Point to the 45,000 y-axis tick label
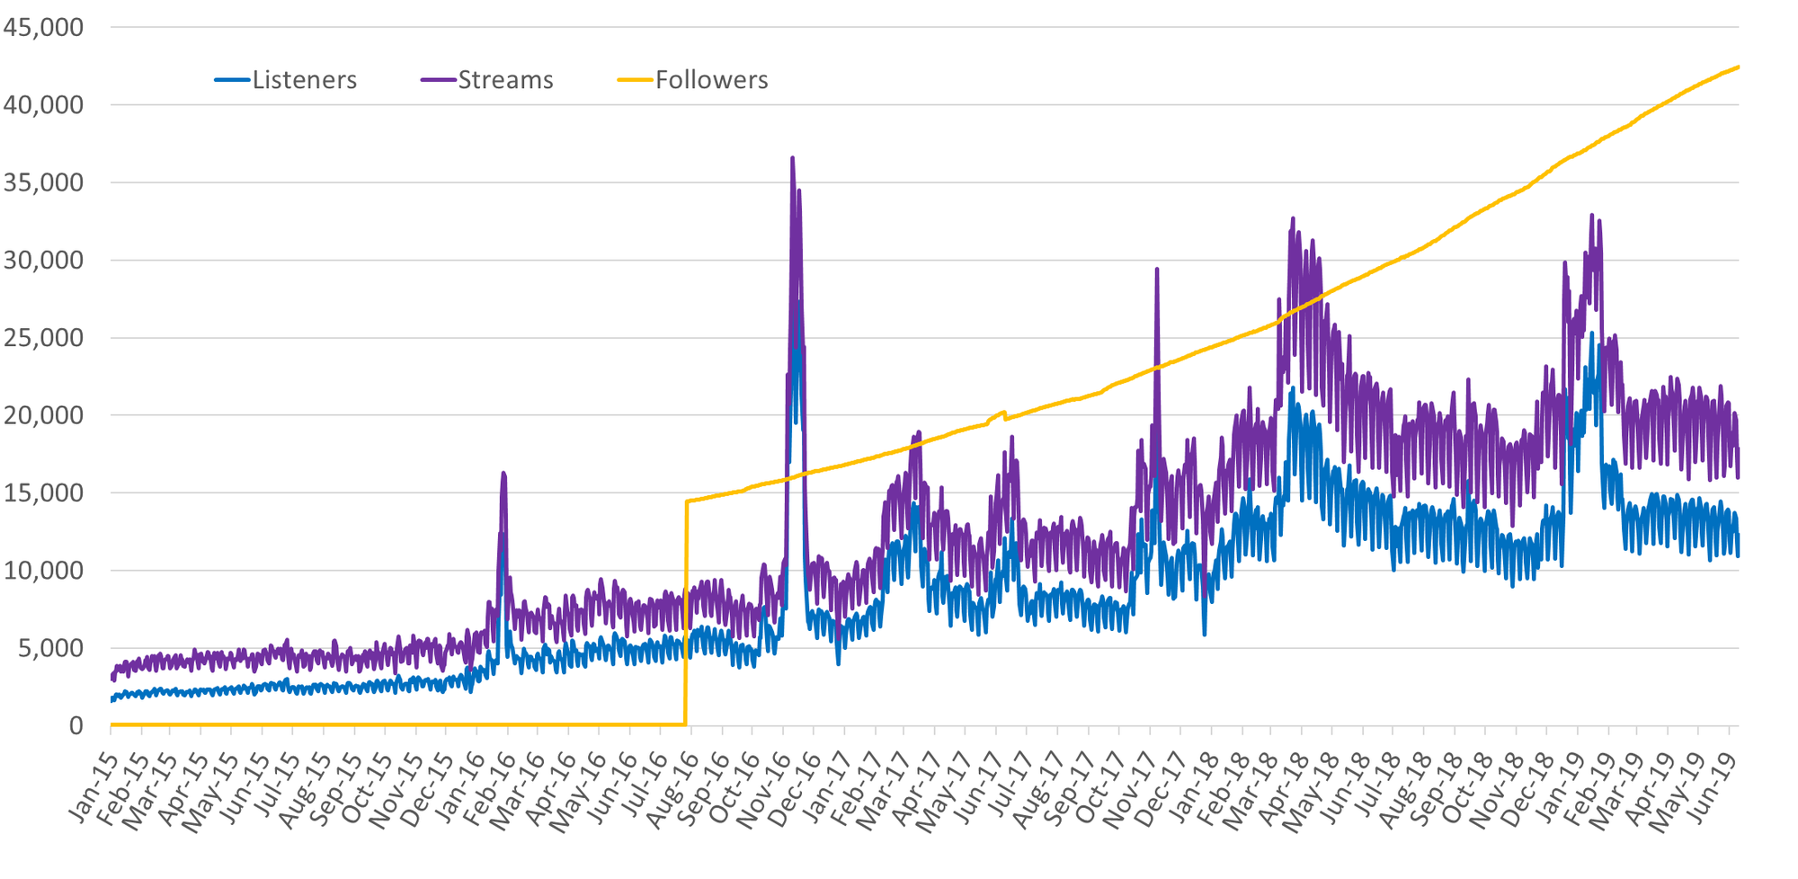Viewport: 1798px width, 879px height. pos(43,28)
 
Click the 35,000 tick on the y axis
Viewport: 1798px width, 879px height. pos(43,183)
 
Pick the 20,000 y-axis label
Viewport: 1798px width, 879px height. pos(43,415)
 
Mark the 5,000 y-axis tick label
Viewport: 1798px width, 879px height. pos(50,648)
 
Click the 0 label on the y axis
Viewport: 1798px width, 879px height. pos(76,725)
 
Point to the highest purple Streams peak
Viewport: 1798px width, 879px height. pos(792,158)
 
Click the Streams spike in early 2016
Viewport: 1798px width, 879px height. pos(503,474)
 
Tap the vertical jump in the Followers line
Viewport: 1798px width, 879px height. pos(686,611)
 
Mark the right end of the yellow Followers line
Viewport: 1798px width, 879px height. pos(1738,67)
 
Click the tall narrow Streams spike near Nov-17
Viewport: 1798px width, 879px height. pos(1156,270)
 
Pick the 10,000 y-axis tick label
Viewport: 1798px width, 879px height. pos(43,571)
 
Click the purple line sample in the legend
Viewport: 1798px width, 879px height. pos(438,80)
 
